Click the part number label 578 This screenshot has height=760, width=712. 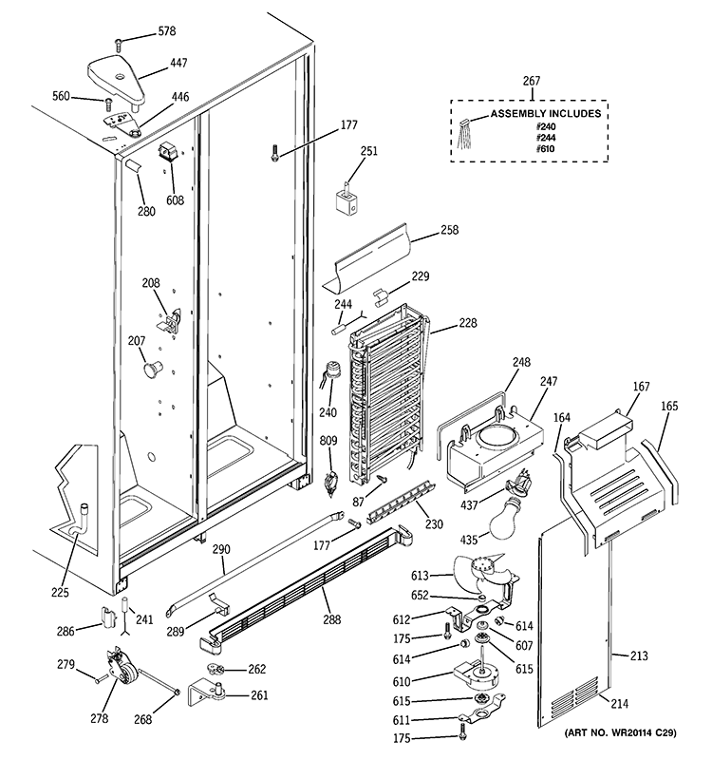point(166,32)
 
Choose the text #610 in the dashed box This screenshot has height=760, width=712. point(544,149)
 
